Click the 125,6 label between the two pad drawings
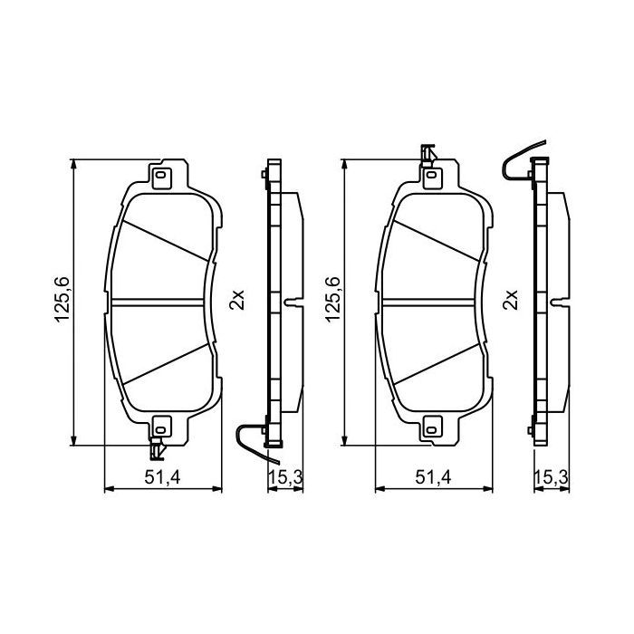coord(331,303)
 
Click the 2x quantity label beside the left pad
coord(237,299)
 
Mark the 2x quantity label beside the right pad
coord(509,299)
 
